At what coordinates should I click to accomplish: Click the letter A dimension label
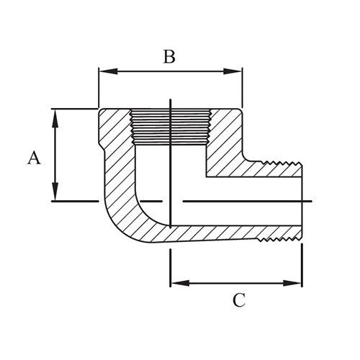tap(33, 157)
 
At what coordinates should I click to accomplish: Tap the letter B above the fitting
tap(168, 58)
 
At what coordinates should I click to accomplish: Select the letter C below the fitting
tap(239, 300)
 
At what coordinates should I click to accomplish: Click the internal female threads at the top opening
tap(169, 126)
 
